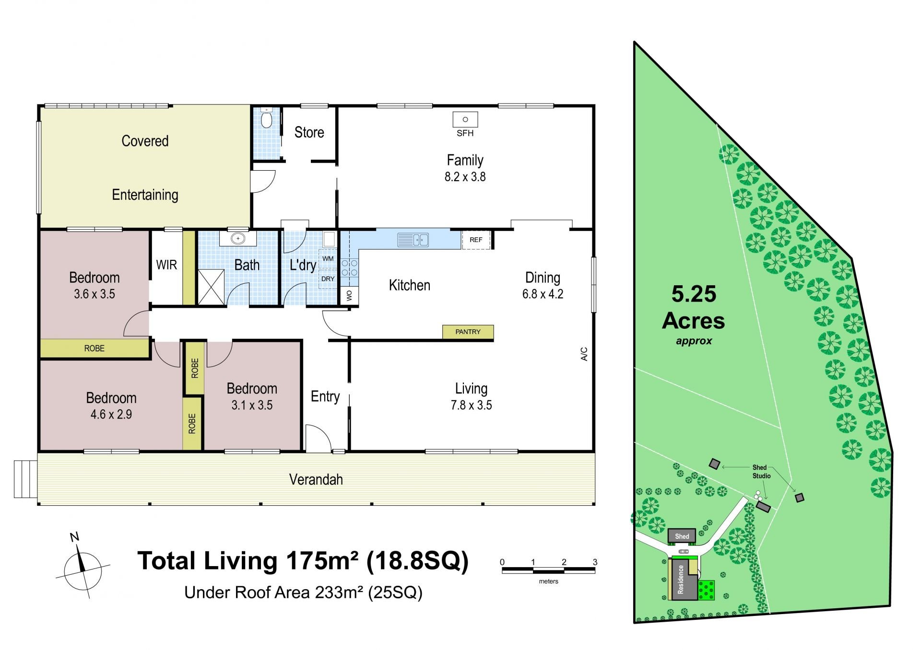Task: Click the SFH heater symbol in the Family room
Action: click(x=465, y=119)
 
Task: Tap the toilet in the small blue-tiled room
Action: click(x=267, y=118)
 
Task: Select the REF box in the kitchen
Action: click(x=476, y=240)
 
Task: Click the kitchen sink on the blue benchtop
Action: click(x=413, y=239)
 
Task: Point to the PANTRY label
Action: click(x=468, y=332)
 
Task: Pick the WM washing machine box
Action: click(x=328, y=259)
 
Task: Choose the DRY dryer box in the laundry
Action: click(x=328, y=279)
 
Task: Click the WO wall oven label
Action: click(x=349, y=295)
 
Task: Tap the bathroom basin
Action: click(x=238, y=238)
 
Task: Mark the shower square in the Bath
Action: click(x=211, y=287)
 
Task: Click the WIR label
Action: click(x=166, y=265)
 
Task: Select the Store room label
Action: click(x=309, y=132)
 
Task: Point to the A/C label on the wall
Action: click(x=584, y=354)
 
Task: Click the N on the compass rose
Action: click(x=74, y=537)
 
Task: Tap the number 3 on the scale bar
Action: click(x=595, y=562)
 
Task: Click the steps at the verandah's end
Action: click(x=25, y=479)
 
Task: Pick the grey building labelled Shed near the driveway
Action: click(x=682, y=536)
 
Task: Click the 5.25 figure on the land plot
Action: click(x=694, y=294)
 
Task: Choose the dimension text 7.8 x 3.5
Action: click(x=471, y=405)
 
